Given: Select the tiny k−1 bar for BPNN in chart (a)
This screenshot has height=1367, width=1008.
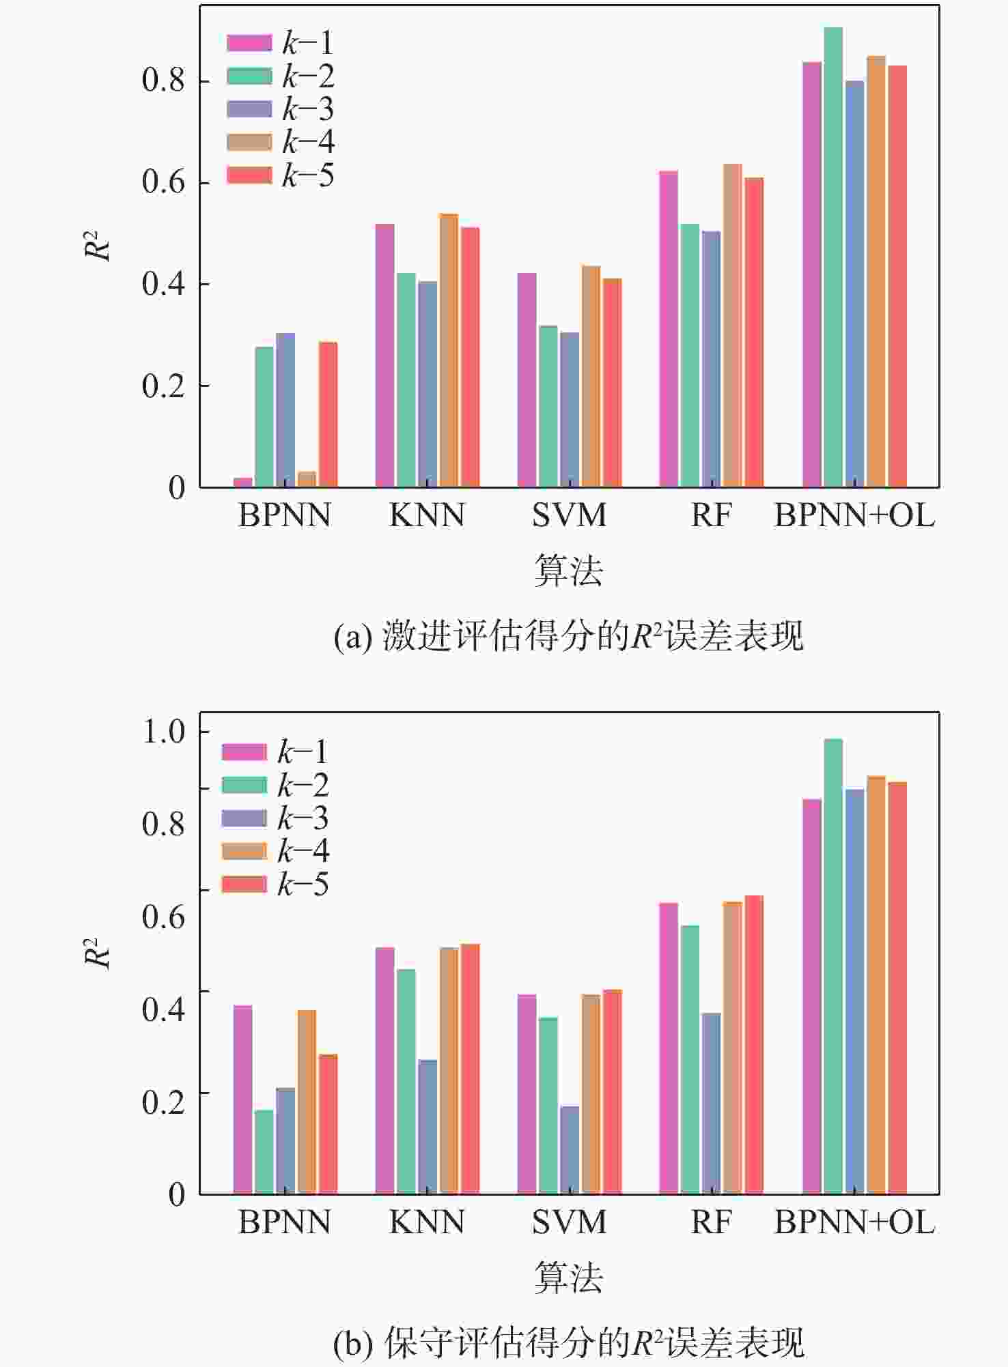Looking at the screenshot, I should (x=243, y=482).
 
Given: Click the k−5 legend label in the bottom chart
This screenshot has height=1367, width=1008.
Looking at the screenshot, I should (x=303, y=885).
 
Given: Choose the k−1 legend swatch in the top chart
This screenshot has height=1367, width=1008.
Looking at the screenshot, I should (x=249, y=43).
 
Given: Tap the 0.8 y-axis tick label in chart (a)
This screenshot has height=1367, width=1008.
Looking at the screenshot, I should (x=164, y=81).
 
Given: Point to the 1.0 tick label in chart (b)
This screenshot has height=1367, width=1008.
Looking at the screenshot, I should (x=164, y=732).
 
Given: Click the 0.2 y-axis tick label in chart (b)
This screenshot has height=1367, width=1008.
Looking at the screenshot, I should (x=164, y=1101).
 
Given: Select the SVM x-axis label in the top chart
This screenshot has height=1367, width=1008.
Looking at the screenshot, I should (x=570, y=515).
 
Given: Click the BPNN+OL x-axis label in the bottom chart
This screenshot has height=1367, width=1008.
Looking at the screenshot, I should (x=854, y=1222).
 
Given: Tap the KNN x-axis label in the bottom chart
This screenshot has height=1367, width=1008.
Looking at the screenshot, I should (x=427, y=1222).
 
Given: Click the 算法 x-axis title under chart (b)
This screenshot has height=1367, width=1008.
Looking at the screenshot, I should (x=569, y=1278).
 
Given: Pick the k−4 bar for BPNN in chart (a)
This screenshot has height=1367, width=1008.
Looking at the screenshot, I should (x=307, y=479).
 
